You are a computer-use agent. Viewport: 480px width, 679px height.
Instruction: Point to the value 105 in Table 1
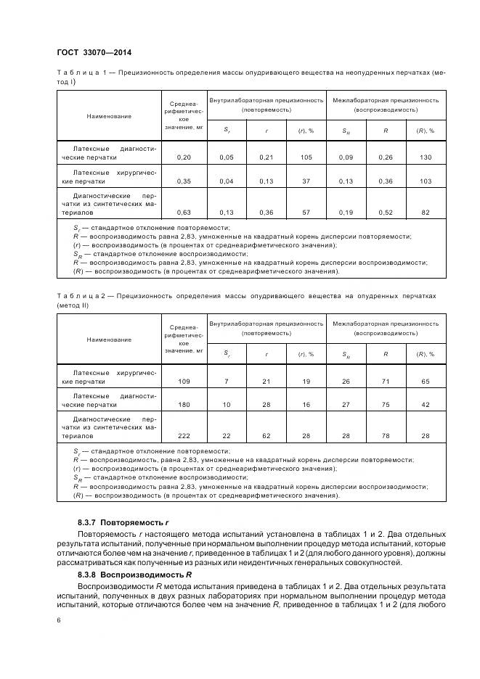(x=305, y=157)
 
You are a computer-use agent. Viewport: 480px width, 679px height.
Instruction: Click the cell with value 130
(x=425, y=157)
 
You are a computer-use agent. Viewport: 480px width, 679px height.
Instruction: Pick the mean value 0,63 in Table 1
(x=184, y=213)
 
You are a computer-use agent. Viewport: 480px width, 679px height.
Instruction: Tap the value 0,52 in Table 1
(x=385, y=213)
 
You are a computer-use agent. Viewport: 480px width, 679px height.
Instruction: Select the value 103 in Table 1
(x=425, y=181)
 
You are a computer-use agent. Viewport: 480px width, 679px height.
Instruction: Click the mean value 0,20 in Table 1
(x=184, y=157)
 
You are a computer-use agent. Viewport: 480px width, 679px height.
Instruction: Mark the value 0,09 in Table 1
(x=346, y=157)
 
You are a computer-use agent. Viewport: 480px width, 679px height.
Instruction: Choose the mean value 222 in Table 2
(x=184, y=435)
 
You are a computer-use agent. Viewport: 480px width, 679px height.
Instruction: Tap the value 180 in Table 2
(x=184, y=405)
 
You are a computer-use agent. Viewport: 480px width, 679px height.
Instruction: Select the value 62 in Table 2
(x=267, y=435)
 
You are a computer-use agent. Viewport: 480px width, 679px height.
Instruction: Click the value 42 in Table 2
(x=425, y=405)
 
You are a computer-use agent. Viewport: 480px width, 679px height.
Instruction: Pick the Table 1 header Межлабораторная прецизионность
(x=385, y=99)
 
